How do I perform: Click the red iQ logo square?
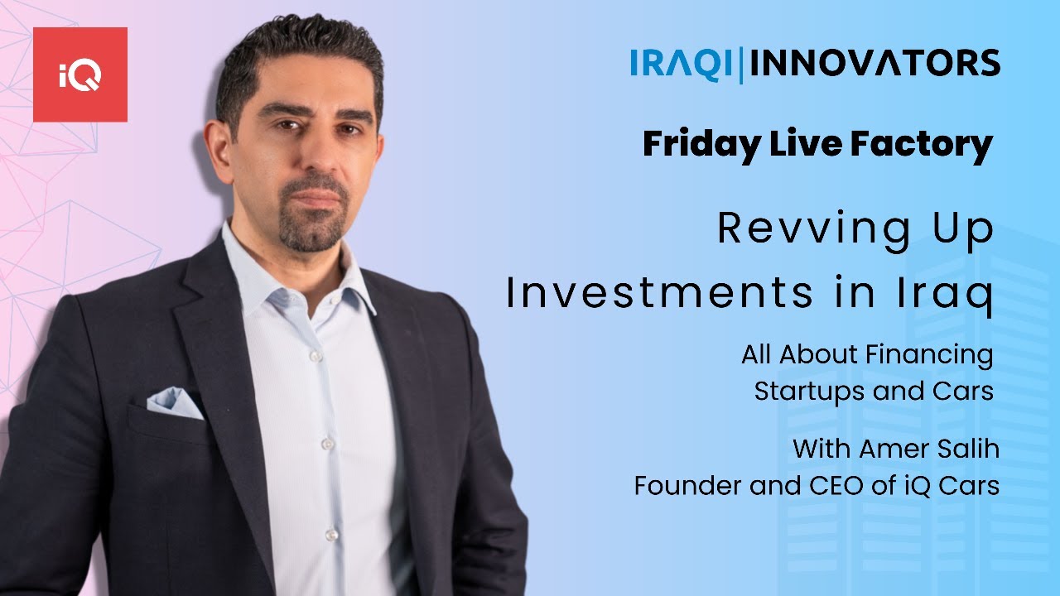point(80,74)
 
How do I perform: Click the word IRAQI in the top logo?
point(682,65)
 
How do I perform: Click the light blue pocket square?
point(174,403)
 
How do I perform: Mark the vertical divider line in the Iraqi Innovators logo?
point(740,65)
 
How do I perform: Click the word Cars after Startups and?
point(964,391)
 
